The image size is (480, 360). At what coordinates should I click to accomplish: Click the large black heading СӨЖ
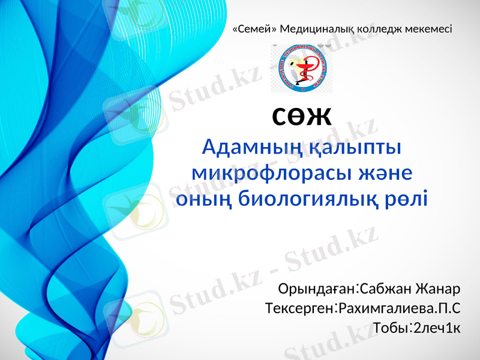coord(302,115)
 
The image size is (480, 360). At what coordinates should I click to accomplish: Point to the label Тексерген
coord(299,309)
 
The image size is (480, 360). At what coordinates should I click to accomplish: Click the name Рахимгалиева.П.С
coord(399,309)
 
